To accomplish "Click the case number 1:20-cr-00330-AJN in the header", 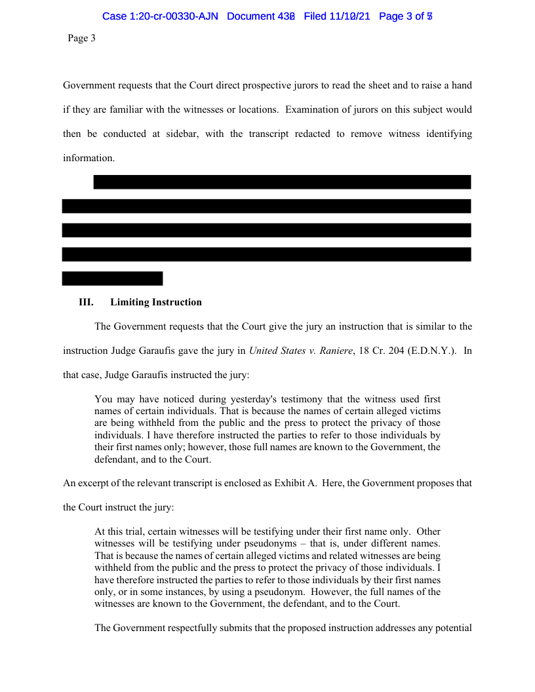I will [160, 16].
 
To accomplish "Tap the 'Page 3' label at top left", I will [81, 39].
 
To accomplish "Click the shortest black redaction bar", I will [112, 279].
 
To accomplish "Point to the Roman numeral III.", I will [86, 302].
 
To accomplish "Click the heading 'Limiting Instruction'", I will [156, 302].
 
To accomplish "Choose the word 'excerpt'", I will [94, 484].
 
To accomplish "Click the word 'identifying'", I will [448, 134].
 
